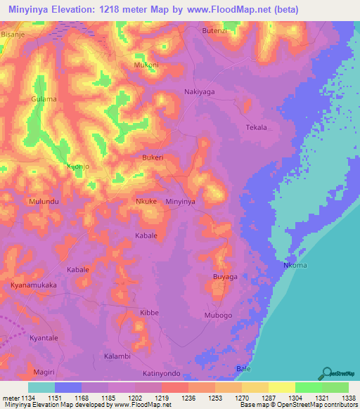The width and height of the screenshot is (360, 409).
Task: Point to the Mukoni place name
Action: point(146,65)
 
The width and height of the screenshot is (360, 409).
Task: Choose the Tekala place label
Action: point(257,127)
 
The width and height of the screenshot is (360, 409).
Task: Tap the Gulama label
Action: point(44,99)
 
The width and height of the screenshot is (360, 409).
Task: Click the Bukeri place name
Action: point(153,158)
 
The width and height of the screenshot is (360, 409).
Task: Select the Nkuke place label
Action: point(146,202)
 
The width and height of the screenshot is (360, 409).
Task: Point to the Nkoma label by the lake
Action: point(295,266)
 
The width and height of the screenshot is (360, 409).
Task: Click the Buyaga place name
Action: point(225,278)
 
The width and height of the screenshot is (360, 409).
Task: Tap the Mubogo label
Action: point(218,316)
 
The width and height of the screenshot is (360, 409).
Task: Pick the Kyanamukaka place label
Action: point(34,285)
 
